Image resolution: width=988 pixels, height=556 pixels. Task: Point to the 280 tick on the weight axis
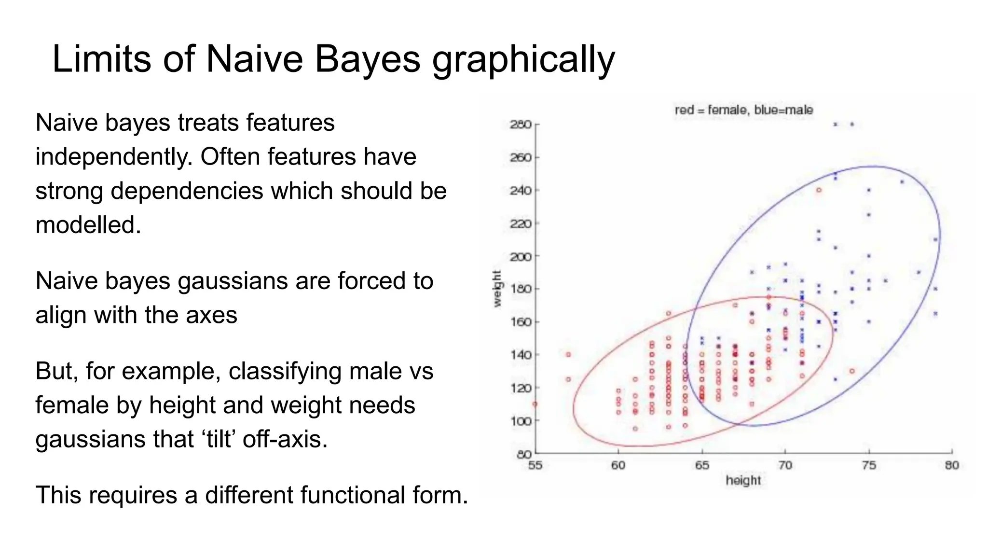click(x=521, y=125)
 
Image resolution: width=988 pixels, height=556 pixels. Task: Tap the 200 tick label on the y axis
click(x=521, y=256)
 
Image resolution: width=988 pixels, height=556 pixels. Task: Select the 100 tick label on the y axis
click(x=521, y=421)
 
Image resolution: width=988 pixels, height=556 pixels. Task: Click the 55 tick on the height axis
click(x=535, y=465)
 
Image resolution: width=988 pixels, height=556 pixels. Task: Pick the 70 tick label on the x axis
click(x=785, y=465)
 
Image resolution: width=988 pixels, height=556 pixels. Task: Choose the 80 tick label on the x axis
click(x=952, y=465)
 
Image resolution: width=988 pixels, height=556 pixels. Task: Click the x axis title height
click(x=743, y=480)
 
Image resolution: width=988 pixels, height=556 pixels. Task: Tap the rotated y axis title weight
click(x=497, y=289)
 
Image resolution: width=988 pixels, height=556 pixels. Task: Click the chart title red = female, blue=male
click(x=743, y=110)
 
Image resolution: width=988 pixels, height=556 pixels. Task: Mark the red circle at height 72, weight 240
click(x=819, y=190)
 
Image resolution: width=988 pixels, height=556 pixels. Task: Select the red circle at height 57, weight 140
click(x=568, y=355)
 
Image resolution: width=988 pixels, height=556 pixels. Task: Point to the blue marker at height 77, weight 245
click(x=902, y=182)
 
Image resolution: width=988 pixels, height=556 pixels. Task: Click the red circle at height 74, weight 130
click(x=852, y=371)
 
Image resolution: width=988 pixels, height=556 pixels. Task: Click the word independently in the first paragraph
click(x=113, y=157)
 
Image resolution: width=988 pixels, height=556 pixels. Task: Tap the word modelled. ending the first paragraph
click(x=88, y=225)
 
